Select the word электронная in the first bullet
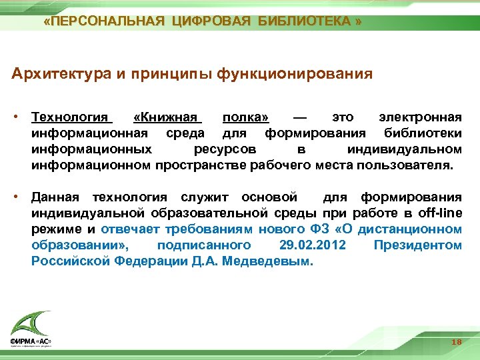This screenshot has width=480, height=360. coord(419,117)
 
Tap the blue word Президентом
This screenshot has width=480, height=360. coord(417,245)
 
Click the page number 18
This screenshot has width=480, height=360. coord(457,342)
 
